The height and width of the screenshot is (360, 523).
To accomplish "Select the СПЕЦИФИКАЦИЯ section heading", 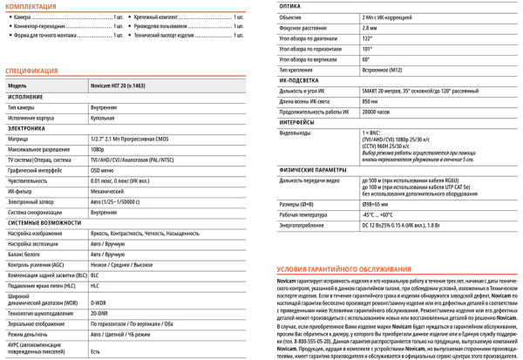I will pos(31,71).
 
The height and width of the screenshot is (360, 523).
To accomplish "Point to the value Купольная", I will pos(102,118).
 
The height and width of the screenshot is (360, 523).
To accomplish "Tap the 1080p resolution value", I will pos(97,149).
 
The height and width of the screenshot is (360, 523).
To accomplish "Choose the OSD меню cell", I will pos(102,170).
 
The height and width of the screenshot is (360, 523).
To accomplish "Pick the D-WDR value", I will pos(98,302).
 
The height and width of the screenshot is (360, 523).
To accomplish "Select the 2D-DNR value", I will pos(98,313).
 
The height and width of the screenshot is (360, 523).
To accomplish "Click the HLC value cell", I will pos(95,285).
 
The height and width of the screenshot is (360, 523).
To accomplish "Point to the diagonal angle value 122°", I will pos(366,38).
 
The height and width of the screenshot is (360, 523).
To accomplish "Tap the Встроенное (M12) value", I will pos(381,70).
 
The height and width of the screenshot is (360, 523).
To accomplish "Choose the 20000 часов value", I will pos(376,112).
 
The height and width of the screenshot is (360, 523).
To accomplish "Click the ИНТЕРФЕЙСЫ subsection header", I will pos(297,123).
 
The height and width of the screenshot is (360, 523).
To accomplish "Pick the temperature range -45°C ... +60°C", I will pos(378,214).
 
